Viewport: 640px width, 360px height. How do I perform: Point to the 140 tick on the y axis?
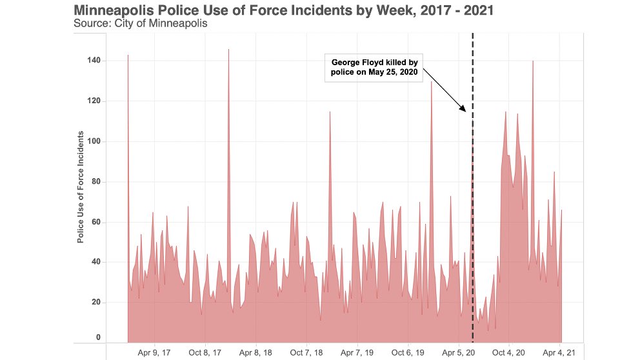pos(94,61)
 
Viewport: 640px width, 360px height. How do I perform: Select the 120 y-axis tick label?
pos(94,101)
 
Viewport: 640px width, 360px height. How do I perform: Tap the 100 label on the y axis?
pos(94,141)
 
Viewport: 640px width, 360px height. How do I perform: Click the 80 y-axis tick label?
pos(96,182)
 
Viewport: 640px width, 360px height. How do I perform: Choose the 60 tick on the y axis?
pos(96,222)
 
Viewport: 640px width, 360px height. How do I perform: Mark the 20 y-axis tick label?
pos(96,303)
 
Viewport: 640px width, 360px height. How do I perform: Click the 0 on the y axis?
pos(98,337)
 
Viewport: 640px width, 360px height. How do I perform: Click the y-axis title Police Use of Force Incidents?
pos(81,187)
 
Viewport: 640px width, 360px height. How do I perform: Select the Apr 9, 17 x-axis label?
pos(154,353)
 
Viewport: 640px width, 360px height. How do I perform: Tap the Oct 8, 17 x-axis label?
pos(205,353)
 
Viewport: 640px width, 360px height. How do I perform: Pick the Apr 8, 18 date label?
pos(255,353)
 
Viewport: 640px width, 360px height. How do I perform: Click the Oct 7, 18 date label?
pos(306,353)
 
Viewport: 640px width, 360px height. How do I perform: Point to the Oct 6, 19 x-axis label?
pos(408,353)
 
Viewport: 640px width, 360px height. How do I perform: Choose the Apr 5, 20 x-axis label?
pos(459,353)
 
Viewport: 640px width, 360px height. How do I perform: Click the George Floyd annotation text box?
pos(375,68)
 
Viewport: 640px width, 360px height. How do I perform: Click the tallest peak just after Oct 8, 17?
pos(228,50)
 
